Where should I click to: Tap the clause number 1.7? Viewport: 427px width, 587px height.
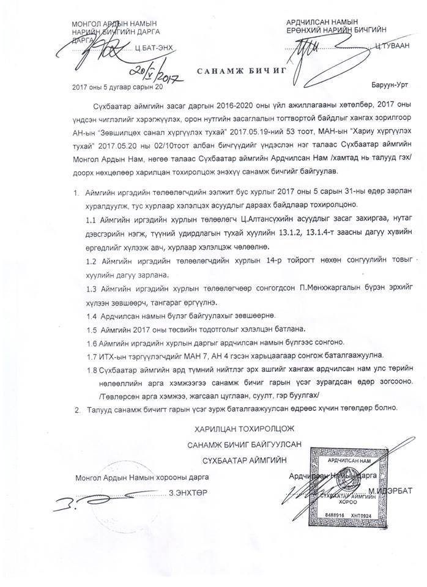94,355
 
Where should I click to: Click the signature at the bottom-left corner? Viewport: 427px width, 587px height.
86,503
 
